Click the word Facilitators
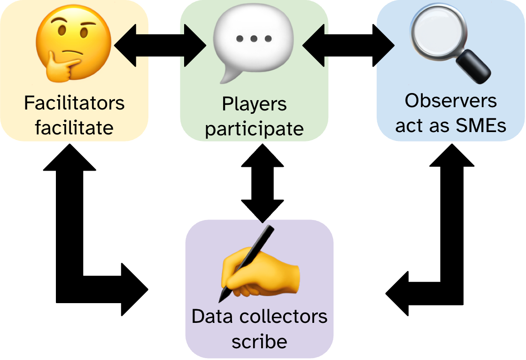pos(74,102)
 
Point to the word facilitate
pos(74,127)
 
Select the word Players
pos(254,104)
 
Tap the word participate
pos(254,128)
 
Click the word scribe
pos(259,342)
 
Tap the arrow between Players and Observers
pos(348,46)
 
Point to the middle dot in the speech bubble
pos(254,39)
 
